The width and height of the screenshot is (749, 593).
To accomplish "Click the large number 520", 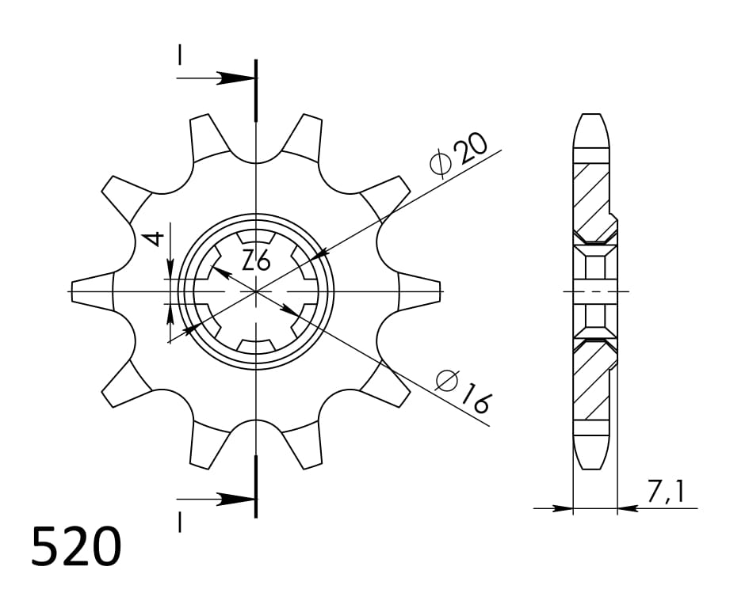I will point(77,546).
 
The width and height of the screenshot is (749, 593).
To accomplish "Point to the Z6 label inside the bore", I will point(256,259).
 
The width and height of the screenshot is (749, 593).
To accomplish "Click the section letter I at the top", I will point(180,55).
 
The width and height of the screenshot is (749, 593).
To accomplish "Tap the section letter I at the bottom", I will point(180,523).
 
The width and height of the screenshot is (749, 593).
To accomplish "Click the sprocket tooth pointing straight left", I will point(91,291).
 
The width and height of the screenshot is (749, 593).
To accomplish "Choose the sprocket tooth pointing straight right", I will point(420,291).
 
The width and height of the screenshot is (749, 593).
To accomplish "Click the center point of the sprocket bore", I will point(256,291).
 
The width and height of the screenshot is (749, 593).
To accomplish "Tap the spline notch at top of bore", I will point(256,237).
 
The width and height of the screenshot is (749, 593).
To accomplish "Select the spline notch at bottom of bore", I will point(256,346).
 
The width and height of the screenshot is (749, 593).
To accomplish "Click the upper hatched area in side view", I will point(590,194).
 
